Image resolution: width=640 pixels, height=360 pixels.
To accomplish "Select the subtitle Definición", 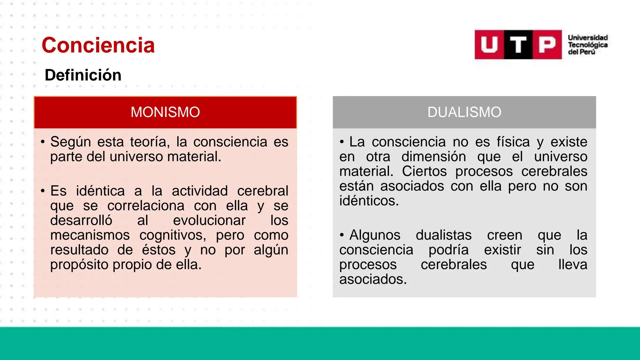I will coord(83,75).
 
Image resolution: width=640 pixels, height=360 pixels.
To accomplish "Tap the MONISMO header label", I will coord(165,112).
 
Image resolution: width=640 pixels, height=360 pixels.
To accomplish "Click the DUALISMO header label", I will coord(464,112).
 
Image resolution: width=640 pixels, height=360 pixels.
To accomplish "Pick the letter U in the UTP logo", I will coord(489,45).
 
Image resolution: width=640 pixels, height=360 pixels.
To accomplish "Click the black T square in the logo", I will coord(518,45).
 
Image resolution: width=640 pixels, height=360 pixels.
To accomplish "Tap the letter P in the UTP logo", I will coord(547,45).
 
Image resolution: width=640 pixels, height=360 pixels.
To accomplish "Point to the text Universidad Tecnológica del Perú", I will coord(587,45).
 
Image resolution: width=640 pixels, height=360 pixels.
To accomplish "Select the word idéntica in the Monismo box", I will coord(100,191).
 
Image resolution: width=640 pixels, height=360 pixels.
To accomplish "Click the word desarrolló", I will coord(81,220).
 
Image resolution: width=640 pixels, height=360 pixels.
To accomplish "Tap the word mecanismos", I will coord(90,235).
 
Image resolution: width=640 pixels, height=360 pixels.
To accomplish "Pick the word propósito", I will coord(79,265).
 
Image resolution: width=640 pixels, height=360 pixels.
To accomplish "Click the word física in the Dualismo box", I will coord(513,142).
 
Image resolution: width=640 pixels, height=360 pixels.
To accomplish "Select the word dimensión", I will coord(433,157).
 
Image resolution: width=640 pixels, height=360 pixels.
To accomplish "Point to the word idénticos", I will coord(369,201).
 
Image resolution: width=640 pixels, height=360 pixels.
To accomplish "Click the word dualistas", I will coord(443,235).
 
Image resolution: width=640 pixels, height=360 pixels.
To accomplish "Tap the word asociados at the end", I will coord(373,279).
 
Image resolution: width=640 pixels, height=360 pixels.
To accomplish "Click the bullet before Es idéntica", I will coord(43,191).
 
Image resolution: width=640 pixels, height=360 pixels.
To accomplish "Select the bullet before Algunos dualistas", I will coord(342,235).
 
